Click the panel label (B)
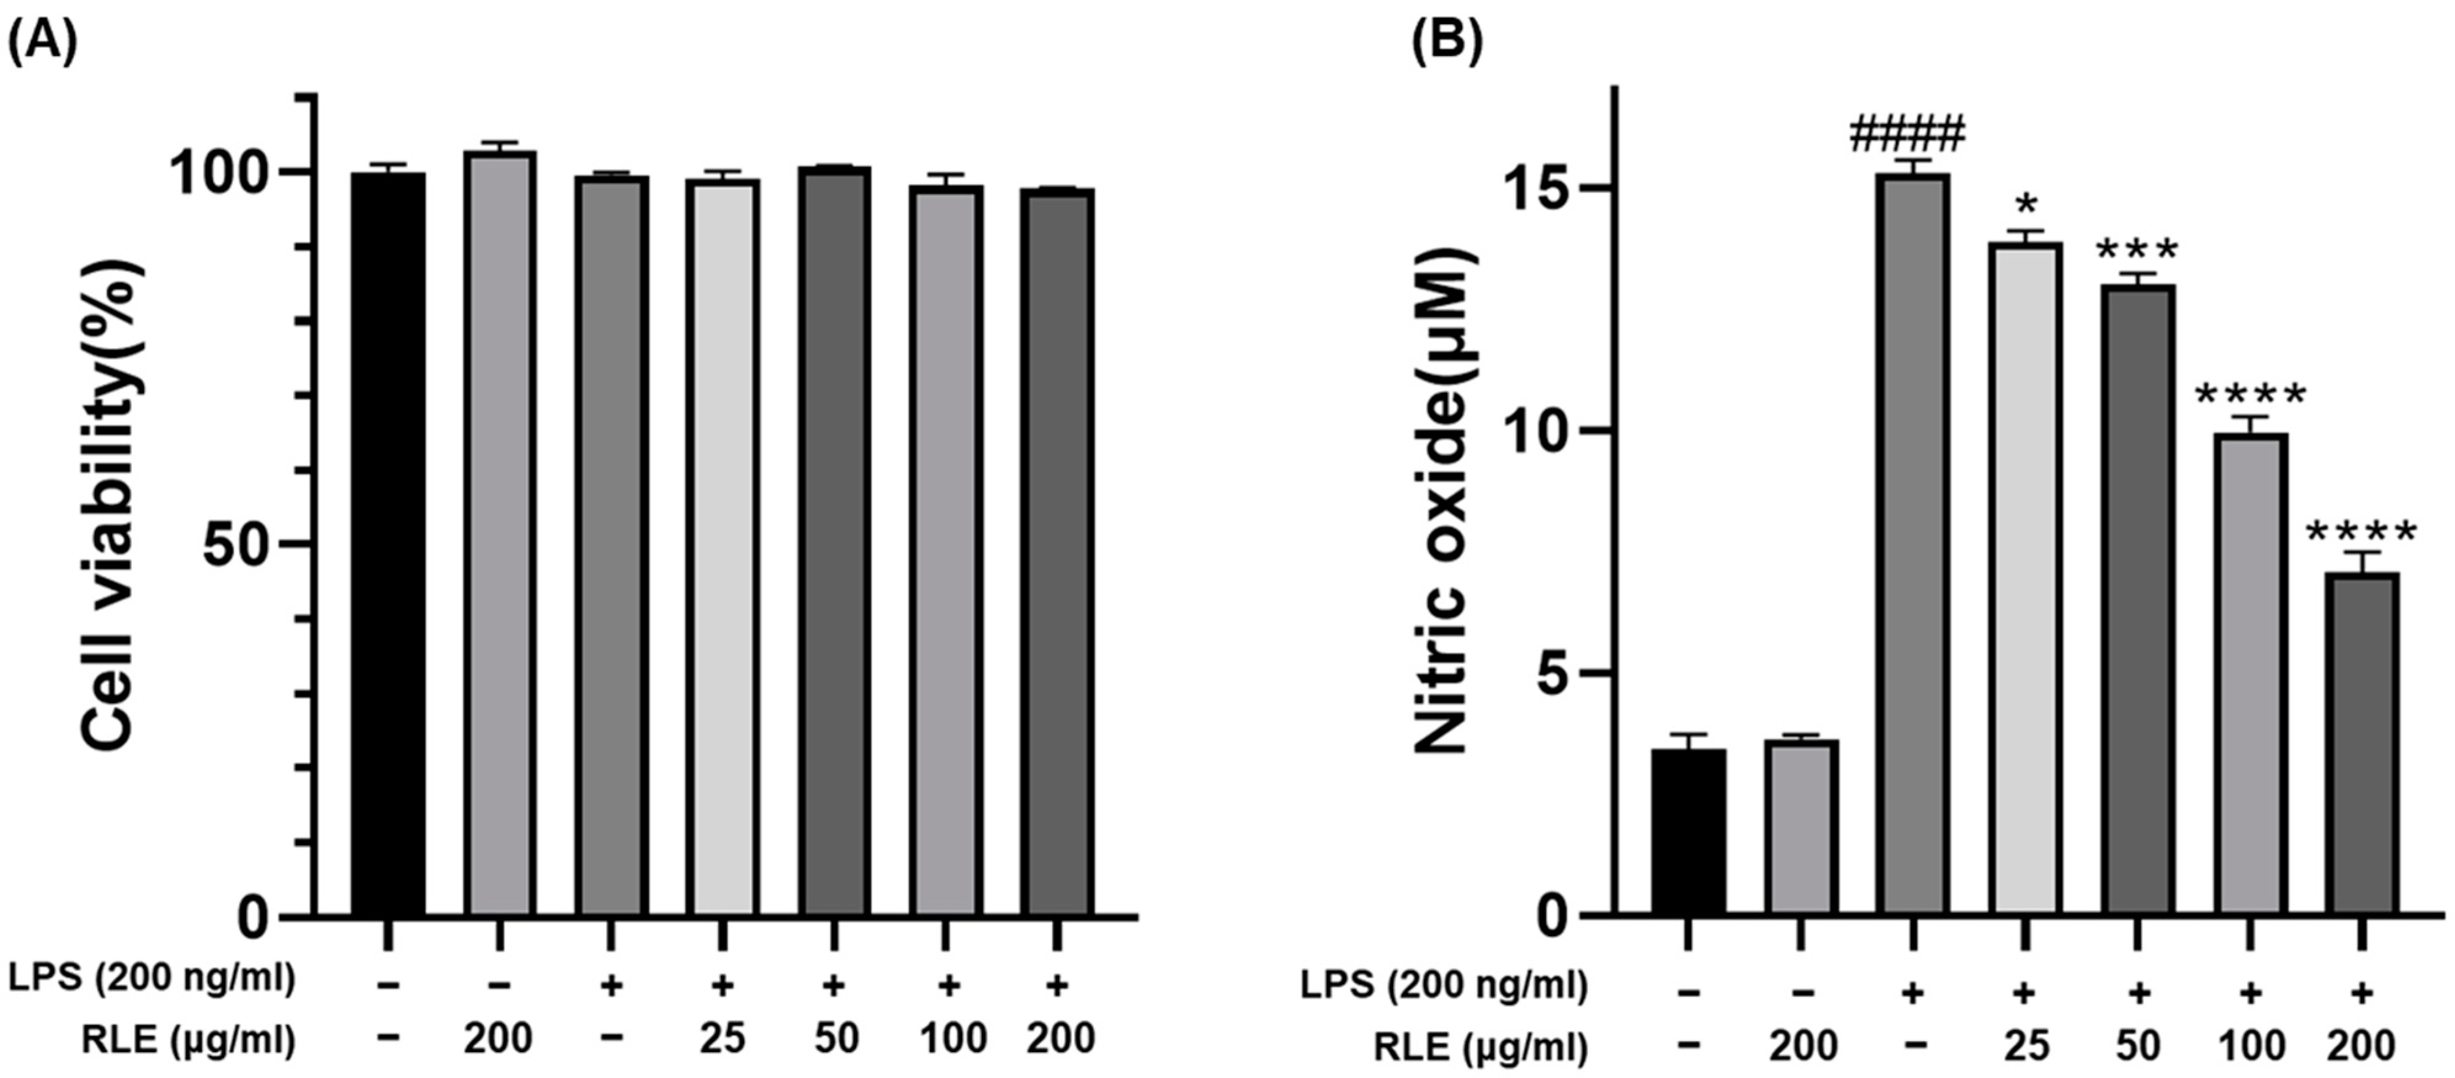1447,45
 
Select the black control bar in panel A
388,543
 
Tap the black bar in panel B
1688,831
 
